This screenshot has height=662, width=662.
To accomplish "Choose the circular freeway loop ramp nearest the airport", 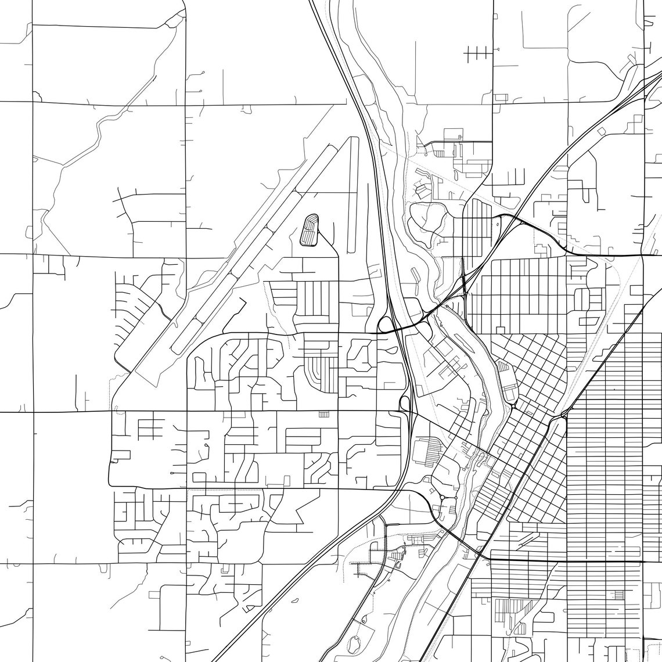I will point(384,324).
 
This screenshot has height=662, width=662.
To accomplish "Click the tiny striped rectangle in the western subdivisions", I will point(323,414).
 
